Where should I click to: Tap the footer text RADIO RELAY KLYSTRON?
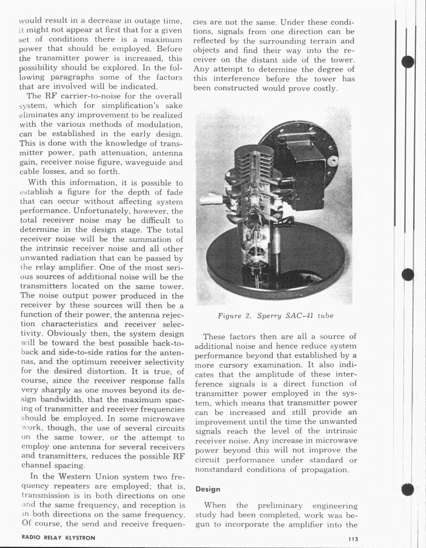[58, 538]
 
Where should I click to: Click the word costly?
[323, 88]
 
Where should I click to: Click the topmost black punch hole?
[408, 62]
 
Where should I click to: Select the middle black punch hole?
[408, 275]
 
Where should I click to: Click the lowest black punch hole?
[408, 489]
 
